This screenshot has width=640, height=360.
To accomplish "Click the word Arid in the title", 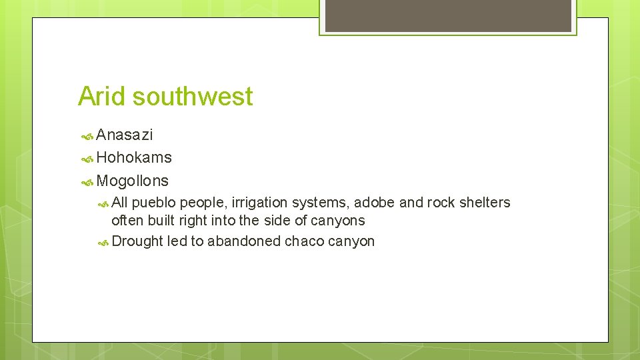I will (x=102, y=97).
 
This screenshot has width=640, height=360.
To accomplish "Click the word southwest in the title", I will (x=193, y=97).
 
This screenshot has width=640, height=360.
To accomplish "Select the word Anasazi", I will (x=125, y=135).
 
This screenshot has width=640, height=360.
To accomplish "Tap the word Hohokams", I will (x=134, y=158).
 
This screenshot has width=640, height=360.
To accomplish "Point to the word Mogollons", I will (x=133, y=181).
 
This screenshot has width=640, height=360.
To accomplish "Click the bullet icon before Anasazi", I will (x=87, y=136).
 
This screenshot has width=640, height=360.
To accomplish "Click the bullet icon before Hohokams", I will (x=87, y=159).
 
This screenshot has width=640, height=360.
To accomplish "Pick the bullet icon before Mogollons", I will (x=87, y=181).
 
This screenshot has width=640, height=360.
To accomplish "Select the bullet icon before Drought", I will (x=103, y=242).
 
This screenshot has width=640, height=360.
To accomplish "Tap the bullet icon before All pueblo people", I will (x=103, y=203).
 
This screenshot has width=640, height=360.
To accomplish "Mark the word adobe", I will (x=376, y=203).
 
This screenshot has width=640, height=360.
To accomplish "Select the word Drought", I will (x=137, y=241).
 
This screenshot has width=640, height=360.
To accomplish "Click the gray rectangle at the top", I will (x=447, y=15).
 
